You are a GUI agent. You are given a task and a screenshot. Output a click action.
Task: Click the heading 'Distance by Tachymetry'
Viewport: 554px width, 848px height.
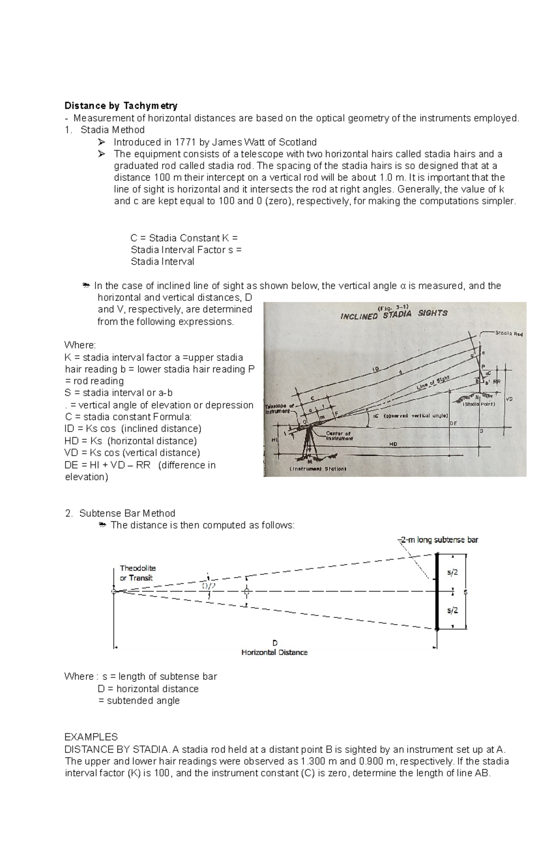120,106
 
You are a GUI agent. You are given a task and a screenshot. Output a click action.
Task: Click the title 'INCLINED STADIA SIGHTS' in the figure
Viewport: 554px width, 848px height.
394,315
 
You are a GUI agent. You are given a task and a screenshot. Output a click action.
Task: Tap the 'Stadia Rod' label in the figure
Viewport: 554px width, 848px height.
508,333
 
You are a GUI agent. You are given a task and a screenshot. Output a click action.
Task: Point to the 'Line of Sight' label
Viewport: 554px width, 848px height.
433,383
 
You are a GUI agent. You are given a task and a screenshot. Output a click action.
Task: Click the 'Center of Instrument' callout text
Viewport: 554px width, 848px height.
339,435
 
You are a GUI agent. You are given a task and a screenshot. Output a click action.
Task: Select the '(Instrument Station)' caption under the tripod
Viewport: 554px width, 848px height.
318,469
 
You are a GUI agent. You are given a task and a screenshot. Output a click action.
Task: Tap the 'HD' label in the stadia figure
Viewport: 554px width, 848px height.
394,444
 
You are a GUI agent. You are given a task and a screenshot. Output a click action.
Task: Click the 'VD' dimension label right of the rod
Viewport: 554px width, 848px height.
510,399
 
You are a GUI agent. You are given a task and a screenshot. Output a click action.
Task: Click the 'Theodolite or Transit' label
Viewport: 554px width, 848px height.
138,573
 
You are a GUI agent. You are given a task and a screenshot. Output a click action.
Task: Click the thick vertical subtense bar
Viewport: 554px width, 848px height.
437,592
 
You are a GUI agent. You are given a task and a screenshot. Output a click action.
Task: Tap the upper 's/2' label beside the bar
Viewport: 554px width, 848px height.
452,572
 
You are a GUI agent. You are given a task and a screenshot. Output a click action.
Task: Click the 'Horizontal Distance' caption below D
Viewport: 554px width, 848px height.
274,652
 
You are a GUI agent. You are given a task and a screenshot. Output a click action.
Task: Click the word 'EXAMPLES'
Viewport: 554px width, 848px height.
91,737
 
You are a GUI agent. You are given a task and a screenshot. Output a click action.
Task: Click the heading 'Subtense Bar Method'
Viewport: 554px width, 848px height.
127,513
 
